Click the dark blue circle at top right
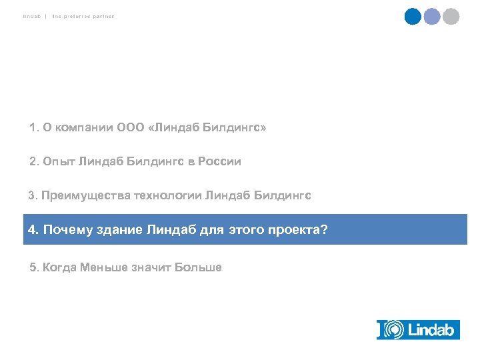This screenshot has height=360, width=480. click(413, 17)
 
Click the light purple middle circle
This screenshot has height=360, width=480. click(432, 17)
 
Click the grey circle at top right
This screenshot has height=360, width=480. click(451, 17)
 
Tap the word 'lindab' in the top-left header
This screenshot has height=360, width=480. click(31, 16)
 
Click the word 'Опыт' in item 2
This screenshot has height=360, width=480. click(59, 161)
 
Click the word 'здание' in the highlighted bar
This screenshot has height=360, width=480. click(116, 230)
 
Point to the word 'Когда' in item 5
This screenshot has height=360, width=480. click(59, 267)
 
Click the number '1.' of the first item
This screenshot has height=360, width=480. click(34, 127)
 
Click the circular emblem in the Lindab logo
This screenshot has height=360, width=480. click(395, 329)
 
